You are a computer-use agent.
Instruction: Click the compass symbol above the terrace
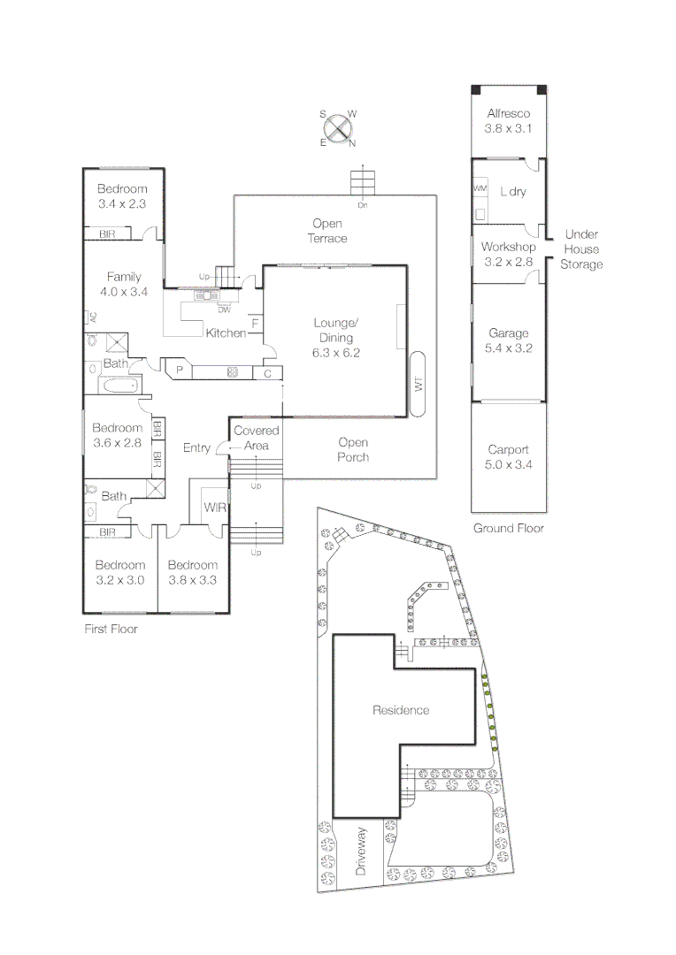337,129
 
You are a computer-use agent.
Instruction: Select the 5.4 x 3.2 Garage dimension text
508,348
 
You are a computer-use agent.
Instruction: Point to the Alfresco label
508,113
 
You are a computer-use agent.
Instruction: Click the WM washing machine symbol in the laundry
480,189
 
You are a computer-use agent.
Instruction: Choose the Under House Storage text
581,249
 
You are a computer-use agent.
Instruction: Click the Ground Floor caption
508,528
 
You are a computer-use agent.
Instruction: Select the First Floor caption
111,630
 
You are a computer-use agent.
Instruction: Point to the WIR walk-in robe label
215,508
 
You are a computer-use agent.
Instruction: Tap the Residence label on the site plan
401,710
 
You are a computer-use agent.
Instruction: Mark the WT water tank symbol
419,384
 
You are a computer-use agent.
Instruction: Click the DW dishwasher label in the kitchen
224,309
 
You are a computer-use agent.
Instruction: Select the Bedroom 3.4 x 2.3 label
122,196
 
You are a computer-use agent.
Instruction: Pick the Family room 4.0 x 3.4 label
124,284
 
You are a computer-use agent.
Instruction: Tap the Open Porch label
353,449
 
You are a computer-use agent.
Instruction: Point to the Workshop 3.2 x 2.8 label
508,254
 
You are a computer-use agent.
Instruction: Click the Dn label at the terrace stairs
362,205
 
